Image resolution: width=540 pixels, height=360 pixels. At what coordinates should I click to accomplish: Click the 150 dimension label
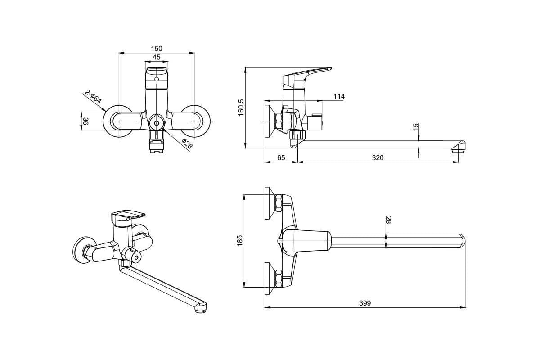click(157, 49)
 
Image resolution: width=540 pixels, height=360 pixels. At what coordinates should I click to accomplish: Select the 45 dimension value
click(157, 58)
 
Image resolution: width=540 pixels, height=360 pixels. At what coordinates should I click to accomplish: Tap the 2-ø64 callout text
click(93, 97)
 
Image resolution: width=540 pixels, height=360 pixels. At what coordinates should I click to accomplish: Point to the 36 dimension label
click(85, 121)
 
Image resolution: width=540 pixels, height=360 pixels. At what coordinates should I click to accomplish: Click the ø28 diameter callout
click(187, 144)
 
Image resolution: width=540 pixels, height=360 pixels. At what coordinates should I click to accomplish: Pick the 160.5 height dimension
click(241, 108)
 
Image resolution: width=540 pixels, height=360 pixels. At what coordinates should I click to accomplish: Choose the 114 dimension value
click(339, 96)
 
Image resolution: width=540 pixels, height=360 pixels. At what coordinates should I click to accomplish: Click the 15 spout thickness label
click(416, 127)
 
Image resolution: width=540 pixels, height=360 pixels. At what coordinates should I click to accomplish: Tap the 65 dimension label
click(281, 157)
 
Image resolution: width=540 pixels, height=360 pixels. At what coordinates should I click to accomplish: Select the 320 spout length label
click(378, 157)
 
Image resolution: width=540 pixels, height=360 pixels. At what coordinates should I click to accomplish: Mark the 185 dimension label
click(239, 240)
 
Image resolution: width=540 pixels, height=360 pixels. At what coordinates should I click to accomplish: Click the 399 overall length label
click(365, 303)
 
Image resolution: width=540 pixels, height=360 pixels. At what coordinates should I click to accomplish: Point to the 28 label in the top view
click(388, 220)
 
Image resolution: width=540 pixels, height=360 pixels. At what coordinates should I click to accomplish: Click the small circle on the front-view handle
click(157, 79)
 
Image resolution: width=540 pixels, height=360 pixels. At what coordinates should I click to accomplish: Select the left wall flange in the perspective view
click(83, 250)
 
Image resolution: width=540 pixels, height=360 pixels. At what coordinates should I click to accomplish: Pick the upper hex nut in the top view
click(279, 203)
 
